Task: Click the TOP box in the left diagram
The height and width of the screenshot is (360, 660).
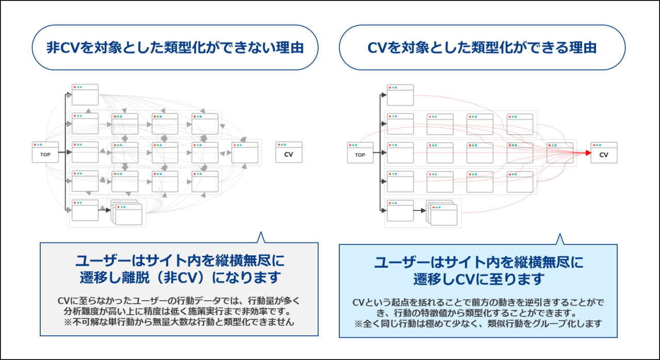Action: pyautogui.click(x=45, y=153)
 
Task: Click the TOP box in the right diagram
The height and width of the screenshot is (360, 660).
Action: pyautogui.click(x=360, y=153)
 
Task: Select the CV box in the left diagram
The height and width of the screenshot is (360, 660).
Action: pyautogui.click(x=289, y=153)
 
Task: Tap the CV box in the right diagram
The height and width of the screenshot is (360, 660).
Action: pyautogui.click(x=604, y=153)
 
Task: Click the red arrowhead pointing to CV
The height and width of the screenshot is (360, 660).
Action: pyautogui.click(x=587, y=153)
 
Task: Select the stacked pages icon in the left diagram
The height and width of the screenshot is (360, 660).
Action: pyautogui.click(x=127, y=212)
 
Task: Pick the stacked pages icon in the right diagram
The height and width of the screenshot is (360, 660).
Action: pyautogui.click(x=442, y=212)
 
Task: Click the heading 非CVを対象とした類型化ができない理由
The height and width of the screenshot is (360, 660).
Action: pyautogui.click(x=175, y=48)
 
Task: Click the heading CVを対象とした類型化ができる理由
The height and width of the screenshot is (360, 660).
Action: pyautogui.click(x=482, y=48)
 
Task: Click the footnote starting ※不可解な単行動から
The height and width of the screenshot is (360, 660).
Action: pyautogui.click(x=179, y=322)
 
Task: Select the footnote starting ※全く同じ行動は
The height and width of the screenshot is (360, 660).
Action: pyautogui.click(x=478, y=324)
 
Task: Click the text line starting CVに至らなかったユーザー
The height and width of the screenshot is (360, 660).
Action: pyautogui.click(x=179, y=301)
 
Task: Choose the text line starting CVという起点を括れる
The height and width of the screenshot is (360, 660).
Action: pyautogui.click(x=478, y=302)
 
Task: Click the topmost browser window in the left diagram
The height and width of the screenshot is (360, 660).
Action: pyautogui.click(x=85, y=95)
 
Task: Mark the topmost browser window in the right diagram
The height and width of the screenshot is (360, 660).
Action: pyautogui.click(x=400, y=95)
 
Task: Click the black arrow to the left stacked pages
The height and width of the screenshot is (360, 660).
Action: pyautogui.click(x=105, y=210)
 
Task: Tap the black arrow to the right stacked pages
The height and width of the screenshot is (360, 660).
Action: pyautogui.click(x=419, y=210)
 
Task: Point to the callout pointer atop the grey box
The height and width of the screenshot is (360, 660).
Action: pyautogui.click(x=260, y=237)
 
